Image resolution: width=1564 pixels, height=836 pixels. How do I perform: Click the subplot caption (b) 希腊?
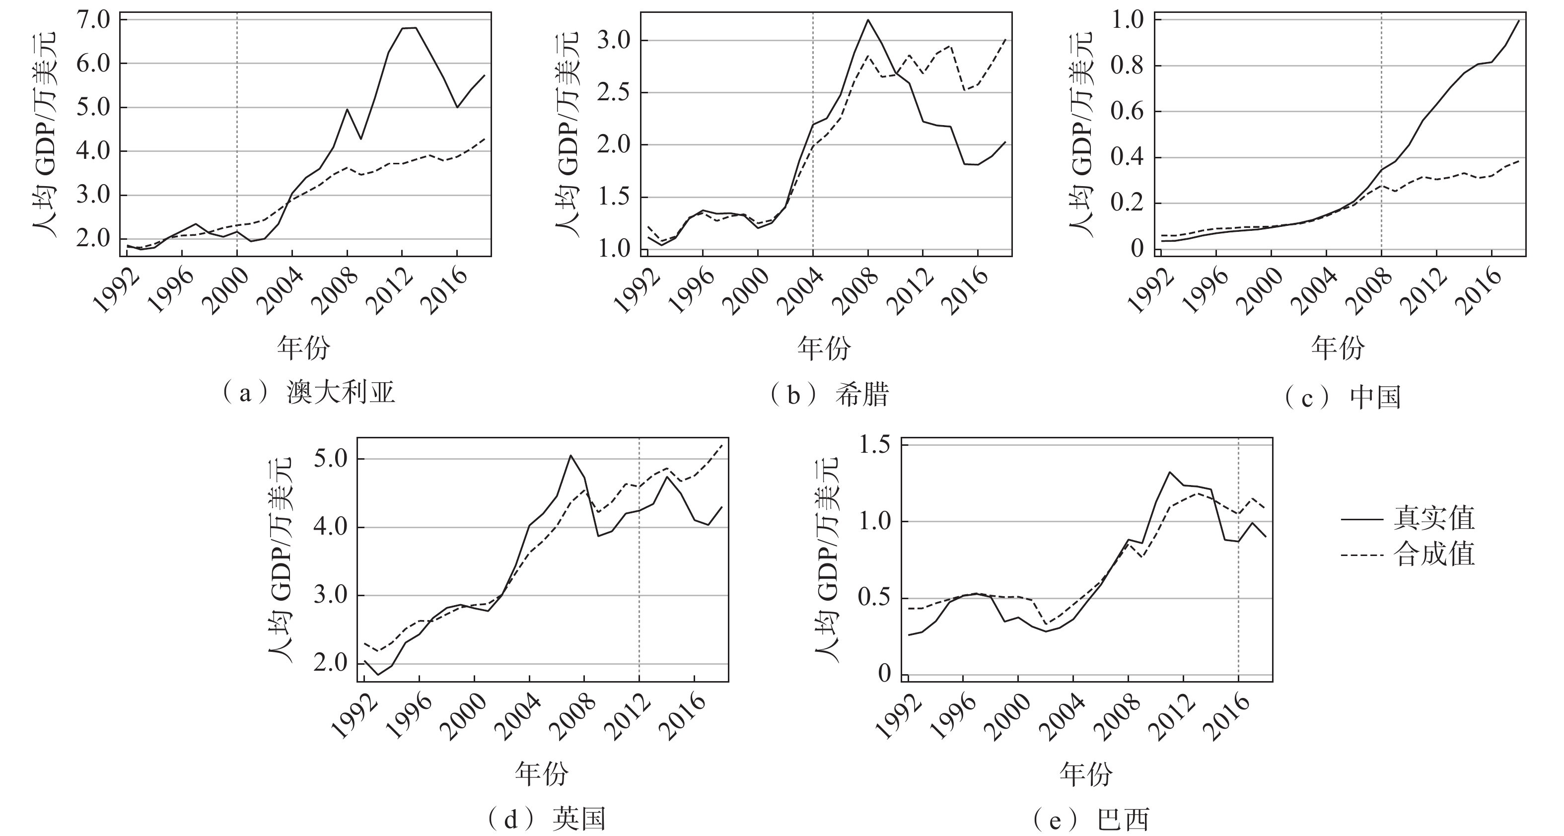tap(829, 395)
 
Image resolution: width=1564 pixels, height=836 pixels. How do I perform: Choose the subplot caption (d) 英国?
tap(547, 819)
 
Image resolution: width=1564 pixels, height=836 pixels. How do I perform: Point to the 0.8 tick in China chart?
tap(1127, 66)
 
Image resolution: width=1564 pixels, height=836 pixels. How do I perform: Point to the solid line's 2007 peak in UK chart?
tap(570, 455)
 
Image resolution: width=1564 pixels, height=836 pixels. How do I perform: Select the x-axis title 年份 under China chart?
tap(1338, 348)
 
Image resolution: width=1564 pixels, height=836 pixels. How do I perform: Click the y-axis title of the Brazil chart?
tap(826, 559)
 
